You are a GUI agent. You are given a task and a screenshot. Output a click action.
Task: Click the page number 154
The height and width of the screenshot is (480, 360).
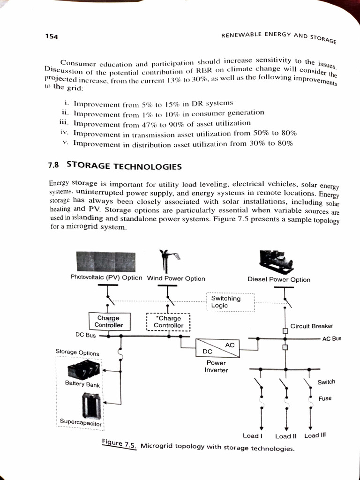click(x=51, y=37)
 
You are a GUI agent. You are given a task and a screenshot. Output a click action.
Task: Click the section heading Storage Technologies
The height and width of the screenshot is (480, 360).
click(x=124, y=166)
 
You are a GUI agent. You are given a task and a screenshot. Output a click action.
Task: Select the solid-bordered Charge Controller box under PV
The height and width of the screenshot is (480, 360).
click(x=109, y=322)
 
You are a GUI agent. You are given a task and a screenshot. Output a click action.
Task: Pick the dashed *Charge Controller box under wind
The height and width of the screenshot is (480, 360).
click(x=168, y=322)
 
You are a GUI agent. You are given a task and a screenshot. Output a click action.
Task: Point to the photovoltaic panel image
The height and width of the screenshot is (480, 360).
click(x=106, y=261)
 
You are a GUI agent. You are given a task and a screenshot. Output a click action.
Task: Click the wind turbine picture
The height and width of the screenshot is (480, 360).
click(x=168, y=261)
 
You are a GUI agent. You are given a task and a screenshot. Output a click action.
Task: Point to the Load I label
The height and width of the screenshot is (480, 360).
click(x=252, y=436)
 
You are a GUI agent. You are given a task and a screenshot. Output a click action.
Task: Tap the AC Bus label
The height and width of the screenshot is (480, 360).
click(x=332, y=338)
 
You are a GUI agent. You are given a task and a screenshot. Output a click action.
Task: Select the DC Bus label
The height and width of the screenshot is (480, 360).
click(x=85, y=335)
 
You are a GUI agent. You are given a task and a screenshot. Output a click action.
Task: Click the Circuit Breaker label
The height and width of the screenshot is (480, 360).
click(x=312, y=326)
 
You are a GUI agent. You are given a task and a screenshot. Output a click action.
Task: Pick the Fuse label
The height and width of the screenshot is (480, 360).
click(x=324, y=398)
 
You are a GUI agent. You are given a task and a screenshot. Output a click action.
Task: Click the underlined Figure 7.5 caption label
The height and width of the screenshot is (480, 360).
click(x=119, y=444)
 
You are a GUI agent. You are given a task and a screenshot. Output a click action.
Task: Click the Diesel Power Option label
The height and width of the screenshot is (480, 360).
click(x=278, y=279)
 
